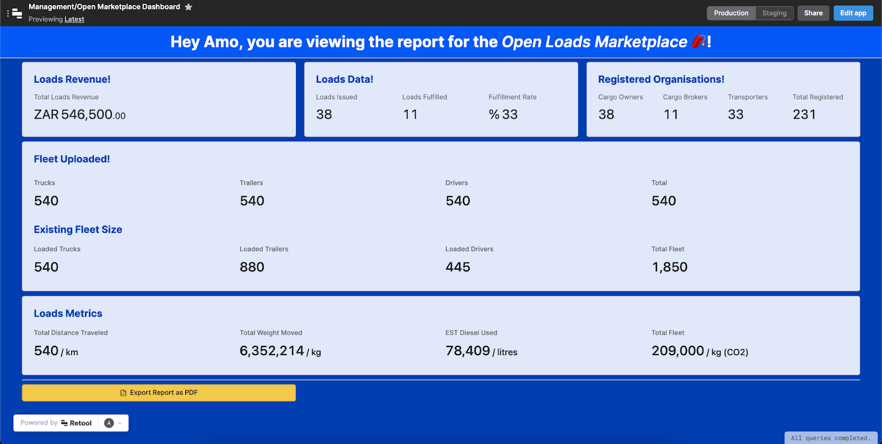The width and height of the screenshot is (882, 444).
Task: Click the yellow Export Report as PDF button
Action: (x=159, y=393)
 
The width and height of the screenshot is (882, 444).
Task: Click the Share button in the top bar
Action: (x=813, y=13)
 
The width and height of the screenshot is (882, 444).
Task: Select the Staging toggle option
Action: (x=774, y=13)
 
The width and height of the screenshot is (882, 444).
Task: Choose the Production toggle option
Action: (x=731, y=13)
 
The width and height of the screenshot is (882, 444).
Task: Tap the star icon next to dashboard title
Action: (x=189, y=7)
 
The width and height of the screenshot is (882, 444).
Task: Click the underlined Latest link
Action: (x=74, y=19)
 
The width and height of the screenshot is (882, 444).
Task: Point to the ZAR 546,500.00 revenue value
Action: (x=80, y=115)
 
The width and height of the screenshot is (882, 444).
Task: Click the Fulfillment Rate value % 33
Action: (x=503, y=115)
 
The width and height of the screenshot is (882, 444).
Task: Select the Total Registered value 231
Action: (x=804, y=115)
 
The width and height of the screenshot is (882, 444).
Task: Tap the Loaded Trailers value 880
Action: (x=252, y=268)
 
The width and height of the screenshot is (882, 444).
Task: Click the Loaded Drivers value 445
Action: (x=458, y=268)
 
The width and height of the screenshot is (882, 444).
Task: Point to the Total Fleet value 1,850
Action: (x=669, y=268)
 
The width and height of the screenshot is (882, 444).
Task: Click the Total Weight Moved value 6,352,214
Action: (x=272, y=351)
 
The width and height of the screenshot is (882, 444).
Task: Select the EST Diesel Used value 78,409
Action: (x=467, y=351)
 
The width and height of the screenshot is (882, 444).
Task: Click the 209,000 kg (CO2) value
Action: (x=699, y=351)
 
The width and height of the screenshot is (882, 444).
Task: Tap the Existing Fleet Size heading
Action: (x=78, y=229)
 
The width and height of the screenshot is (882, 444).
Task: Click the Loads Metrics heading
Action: (x=68, y=313)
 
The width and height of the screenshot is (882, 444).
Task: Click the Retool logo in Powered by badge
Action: (x=77, y=423)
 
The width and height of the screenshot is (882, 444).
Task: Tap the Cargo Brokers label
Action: (x=685, y=97)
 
